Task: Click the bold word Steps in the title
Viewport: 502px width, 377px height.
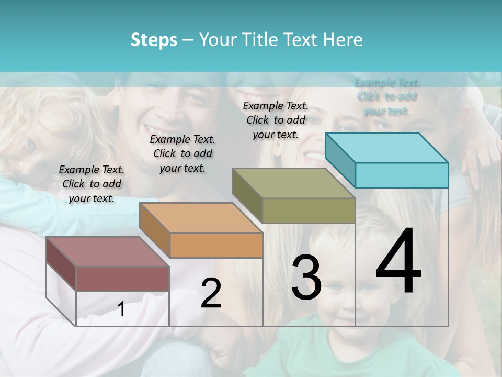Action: [154, 40]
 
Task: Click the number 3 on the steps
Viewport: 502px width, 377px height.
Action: [306, 278]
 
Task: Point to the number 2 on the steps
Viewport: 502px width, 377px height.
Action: [211, 293]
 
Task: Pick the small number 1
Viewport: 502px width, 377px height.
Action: [121, 309]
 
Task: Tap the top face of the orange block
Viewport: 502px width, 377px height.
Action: [201, 218]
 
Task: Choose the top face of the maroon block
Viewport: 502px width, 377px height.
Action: [108, 252]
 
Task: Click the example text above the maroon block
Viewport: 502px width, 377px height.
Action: [92, 184]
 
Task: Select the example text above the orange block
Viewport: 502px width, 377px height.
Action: [182, 153]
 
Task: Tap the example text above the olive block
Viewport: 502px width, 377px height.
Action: [276, 120]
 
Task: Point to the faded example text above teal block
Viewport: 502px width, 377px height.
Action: [387, 97]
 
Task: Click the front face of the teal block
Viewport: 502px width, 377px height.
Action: [402, 175]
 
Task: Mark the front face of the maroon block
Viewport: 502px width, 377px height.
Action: [122, 279]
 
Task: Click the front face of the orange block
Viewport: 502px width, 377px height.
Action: [216, 245]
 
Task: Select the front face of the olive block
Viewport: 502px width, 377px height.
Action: [309, 210]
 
